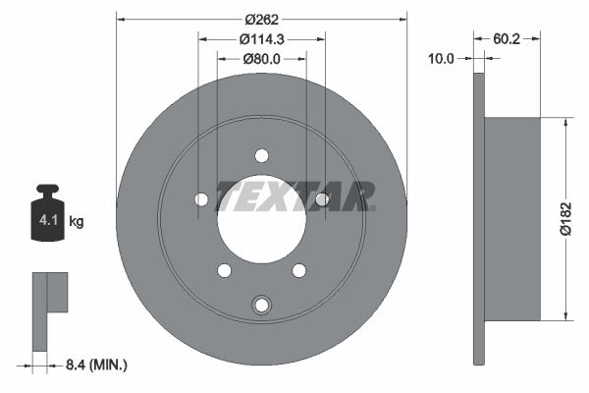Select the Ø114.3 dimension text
tap(261, 39)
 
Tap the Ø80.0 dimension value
tap(261, 59)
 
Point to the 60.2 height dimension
tap(507, 39)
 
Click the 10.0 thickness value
tap(442, 59)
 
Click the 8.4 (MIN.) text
tap(94, 365)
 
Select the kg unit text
tap(77, 222)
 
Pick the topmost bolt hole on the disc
tap(261, 155)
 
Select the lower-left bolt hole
tap(224, 270)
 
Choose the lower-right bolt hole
tap(298, 270)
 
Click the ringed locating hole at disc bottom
tap(261, 305)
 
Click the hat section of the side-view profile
tap(512, 218)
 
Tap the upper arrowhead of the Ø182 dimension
tap(566, 123)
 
